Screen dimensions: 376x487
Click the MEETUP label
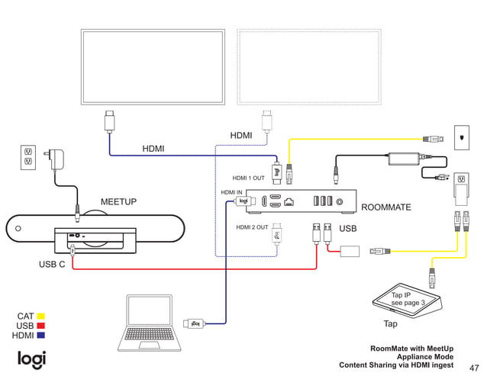(118, 201)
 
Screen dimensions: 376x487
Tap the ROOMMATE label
(385, 207)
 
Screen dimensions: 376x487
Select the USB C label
(52, 265)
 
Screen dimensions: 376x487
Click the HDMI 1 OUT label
(248, 178)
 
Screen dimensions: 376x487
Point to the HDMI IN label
(231, 193)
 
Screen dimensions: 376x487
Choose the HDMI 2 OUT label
(252, 227)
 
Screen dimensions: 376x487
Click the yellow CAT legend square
(41, 316)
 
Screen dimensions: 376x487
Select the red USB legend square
(41, 326)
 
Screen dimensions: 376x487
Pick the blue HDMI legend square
(41, 336)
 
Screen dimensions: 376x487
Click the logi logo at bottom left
(32, 358)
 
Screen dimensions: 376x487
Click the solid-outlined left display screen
(154, 66)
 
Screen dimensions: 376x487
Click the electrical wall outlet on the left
(28, 156)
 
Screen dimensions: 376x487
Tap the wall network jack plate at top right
(461, 137)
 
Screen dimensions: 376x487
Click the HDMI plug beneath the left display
(109, 121)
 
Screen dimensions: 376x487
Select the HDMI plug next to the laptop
(193, 323)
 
